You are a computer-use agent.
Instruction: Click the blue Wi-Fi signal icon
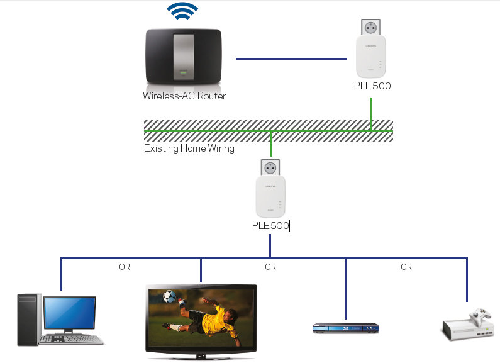click(x=182, y=11)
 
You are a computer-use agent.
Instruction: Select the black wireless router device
click(x=183, y=57)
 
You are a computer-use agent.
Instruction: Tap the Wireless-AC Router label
click(x=184, y=96)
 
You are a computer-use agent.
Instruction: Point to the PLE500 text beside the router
click(x=372, y=86)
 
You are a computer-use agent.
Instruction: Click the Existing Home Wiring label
click(x=189, y=148)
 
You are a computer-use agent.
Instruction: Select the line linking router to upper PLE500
click(x=291, y=59)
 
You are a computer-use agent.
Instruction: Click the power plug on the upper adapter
click(x=370, y=27)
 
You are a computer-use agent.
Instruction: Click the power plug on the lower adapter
click(x=270, y=167)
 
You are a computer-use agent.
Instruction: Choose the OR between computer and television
click(x=125, y=267)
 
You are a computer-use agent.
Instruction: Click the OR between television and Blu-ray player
click(x=270, y=267)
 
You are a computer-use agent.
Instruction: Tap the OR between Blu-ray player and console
click(x=406, y=267)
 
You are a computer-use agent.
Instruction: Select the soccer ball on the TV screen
click(x=170, y=296)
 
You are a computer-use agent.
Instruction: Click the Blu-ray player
click(x=345, y=328)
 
